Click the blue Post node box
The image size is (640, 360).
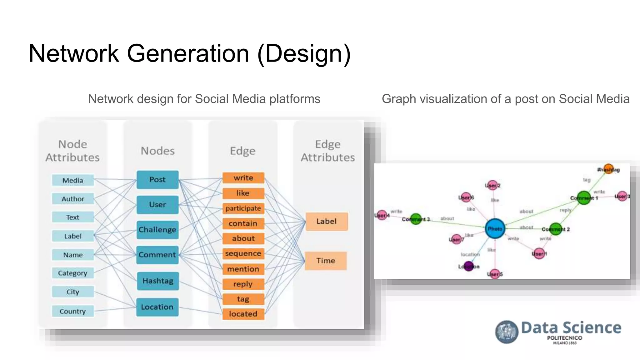157,180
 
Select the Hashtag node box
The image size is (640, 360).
158,281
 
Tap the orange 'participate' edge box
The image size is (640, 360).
243,208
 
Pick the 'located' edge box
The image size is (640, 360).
243,314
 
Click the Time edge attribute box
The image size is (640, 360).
326,261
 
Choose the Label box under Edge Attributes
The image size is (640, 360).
327,222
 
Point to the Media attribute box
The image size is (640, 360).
73,180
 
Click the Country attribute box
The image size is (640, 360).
73,311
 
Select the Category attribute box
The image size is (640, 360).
73,273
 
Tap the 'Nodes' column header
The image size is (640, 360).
158,151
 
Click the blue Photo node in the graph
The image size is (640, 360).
495,229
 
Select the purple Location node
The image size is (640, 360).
468,266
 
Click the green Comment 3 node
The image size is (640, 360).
416,219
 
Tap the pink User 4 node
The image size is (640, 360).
382,215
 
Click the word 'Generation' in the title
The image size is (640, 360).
188,54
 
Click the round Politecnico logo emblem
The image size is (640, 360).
507,332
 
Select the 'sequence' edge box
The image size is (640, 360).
243,253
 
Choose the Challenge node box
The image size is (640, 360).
157,230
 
